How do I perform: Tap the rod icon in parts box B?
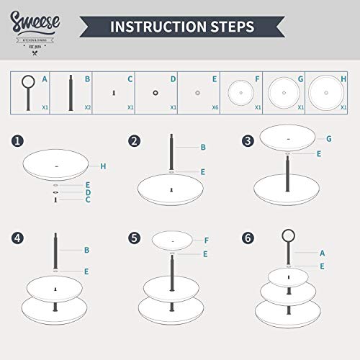[70, 91]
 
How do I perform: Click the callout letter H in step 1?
[104, 166]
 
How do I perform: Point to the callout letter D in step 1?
[87, 193]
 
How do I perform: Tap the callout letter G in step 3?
[328, 138]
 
